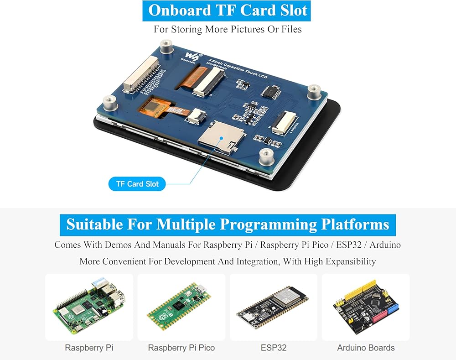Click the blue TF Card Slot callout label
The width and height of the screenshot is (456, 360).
[x=137, y=184]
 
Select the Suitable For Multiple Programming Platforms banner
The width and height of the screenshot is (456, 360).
[x=228, y=224]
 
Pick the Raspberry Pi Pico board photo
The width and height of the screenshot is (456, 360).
[x=181, y=306]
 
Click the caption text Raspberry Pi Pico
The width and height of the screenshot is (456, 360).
[x=181, y=348]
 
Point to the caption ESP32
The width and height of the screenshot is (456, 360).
[x=274, y=348]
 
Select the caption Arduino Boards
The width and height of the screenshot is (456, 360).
[x=366, y=348]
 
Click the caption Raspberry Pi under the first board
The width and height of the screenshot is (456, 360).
[x=89, y=348]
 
